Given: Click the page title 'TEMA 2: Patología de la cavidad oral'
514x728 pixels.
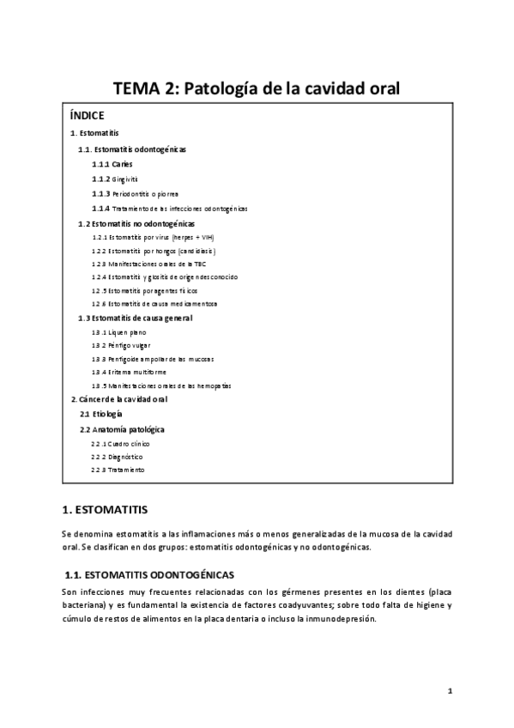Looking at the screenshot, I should point(257,88).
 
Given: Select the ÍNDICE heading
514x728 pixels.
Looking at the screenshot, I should point(88,114).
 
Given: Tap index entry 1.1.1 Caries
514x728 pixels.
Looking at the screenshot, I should point(112,163).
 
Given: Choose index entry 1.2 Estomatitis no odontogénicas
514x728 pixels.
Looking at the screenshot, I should point(136,223).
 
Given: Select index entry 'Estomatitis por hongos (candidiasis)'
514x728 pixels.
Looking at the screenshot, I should point(154,251).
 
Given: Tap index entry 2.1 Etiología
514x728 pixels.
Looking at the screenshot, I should point(101,414).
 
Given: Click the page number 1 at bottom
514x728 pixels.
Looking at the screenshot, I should point(449,690).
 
